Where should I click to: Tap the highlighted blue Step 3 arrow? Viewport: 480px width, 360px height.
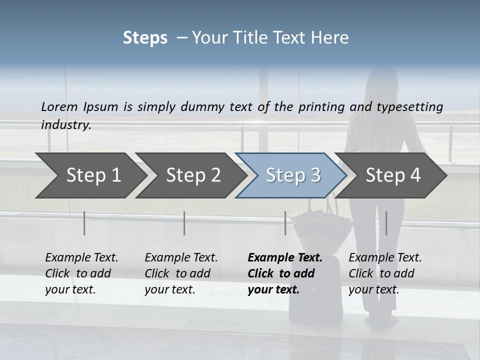(293, 175)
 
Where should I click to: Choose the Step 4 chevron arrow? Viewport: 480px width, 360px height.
(393, 175)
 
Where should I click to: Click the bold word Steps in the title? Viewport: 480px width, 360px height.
(145, 38)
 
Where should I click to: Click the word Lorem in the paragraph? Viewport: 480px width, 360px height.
(59, 106)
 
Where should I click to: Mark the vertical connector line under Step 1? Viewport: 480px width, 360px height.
(84, 223)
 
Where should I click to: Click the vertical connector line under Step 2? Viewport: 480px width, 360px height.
(184, 223)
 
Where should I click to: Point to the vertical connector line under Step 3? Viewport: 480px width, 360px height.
(285, 223)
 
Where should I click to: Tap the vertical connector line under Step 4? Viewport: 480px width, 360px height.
(386, 223)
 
